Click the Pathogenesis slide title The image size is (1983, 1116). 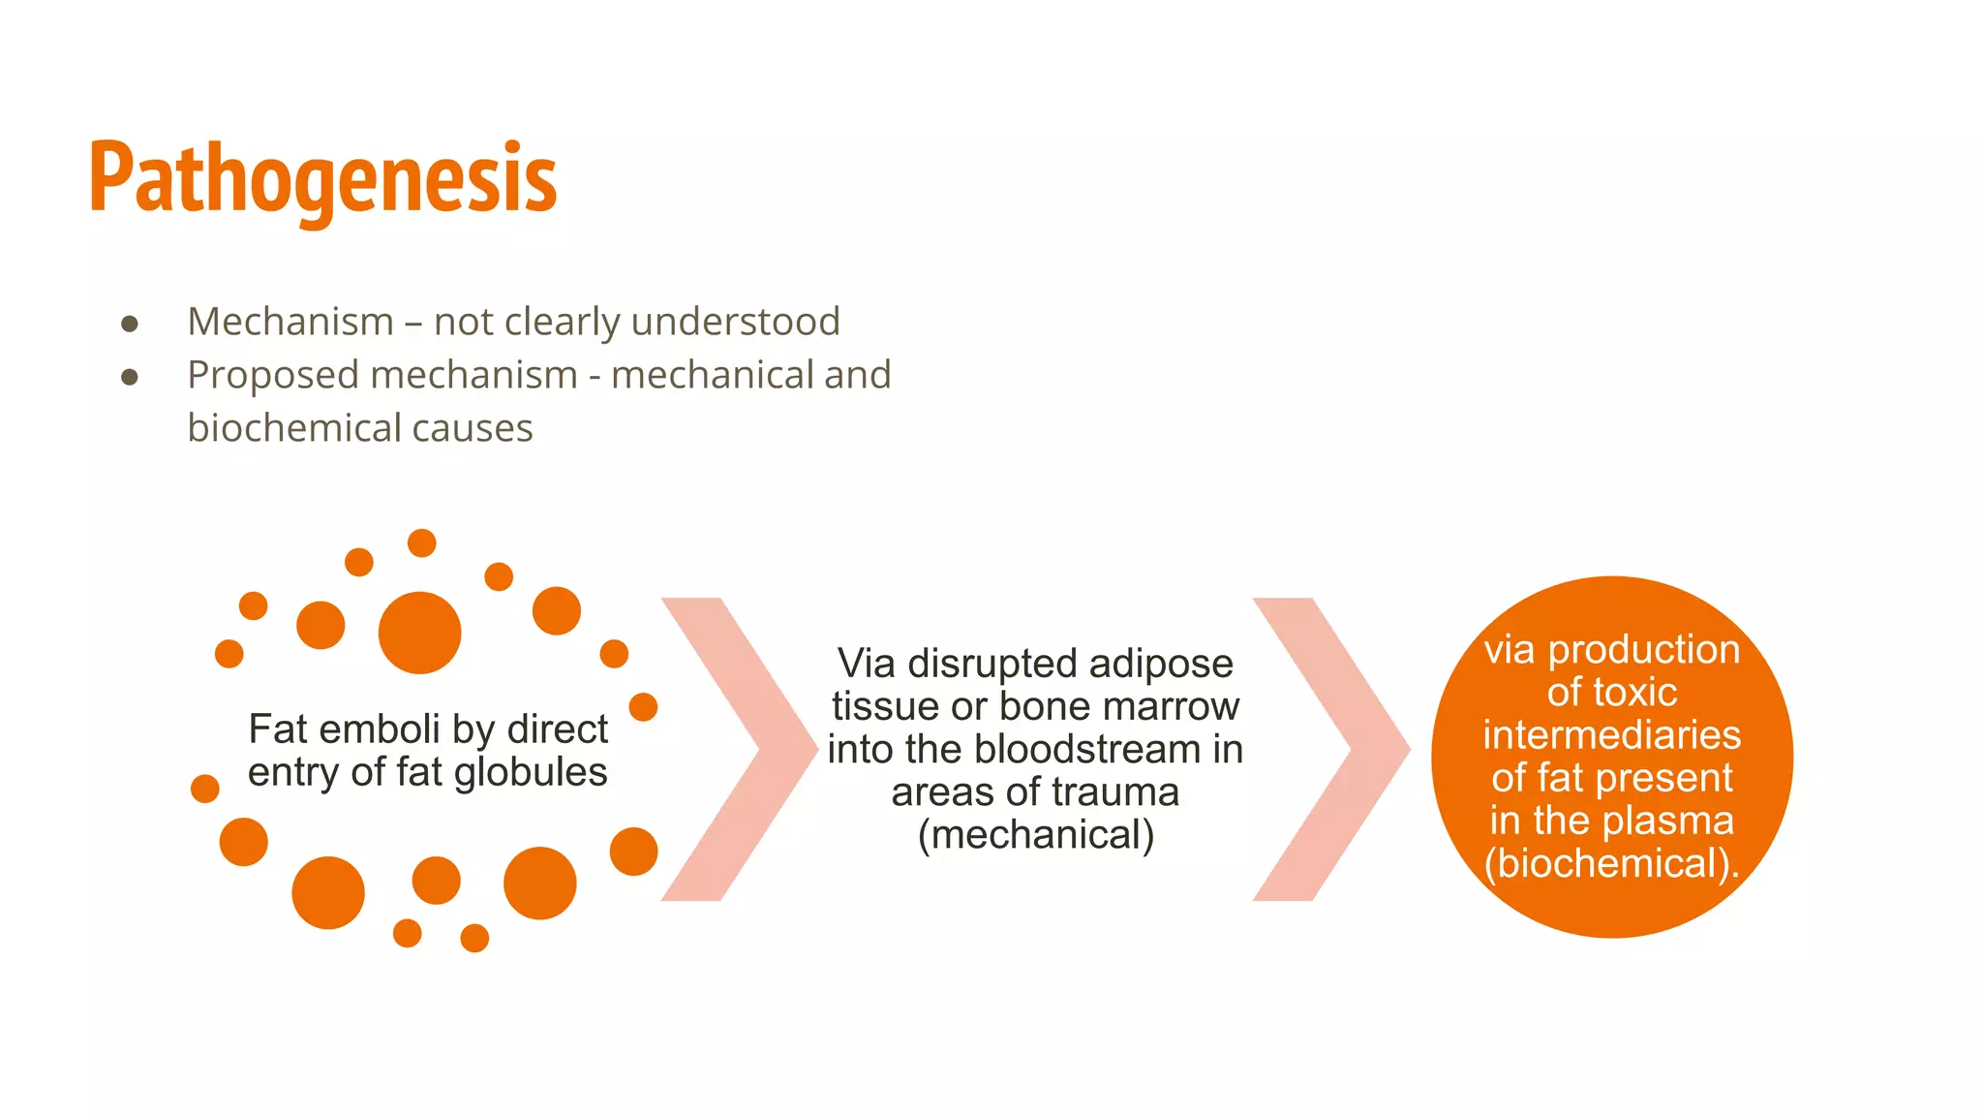(322, 179)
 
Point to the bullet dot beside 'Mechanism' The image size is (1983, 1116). (130, 324)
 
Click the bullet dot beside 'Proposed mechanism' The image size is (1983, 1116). (130, 377)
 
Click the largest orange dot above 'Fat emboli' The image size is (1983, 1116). (419, 633)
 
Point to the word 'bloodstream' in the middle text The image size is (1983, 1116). (1087, 750)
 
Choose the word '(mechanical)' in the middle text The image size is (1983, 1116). (1036, 835)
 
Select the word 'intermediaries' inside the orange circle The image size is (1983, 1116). (1612, 735)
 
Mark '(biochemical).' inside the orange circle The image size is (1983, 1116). (1612, 864)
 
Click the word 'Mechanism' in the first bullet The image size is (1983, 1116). (290, 322)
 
